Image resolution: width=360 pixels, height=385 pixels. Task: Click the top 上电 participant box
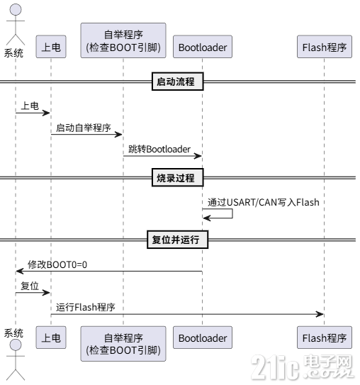click(x=50, y=48)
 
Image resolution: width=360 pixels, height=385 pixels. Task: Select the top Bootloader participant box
click(x=202, y=48)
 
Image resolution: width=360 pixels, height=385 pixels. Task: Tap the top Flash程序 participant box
click(x=324, y=48)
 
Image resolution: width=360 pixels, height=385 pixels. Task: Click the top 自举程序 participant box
click(x=123, y=40)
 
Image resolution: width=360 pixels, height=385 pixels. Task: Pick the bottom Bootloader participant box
click(x=202, y=338)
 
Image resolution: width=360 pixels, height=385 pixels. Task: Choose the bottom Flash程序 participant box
click(x=324, y=338)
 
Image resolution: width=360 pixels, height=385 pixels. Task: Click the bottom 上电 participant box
click(x=50, y=338)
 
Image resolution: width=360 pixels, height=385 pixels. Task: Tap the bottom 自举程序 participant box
click(x=123, y=343)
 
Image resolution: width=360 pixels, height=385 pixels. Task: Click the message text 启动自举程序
click(x=84, y=127)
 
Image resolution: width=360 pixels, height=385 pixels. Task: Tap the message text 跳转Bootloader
click(x=159, y=149)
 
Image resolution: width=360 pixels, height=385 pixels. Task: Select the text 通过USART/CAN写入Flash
click(x=264, y=202)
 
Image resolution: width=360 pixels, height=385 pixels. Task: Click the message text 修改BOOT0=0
click(x=57, y=264)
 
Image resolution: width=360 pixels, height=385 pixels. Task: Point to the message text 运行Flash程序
click(x=86, y=307)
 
